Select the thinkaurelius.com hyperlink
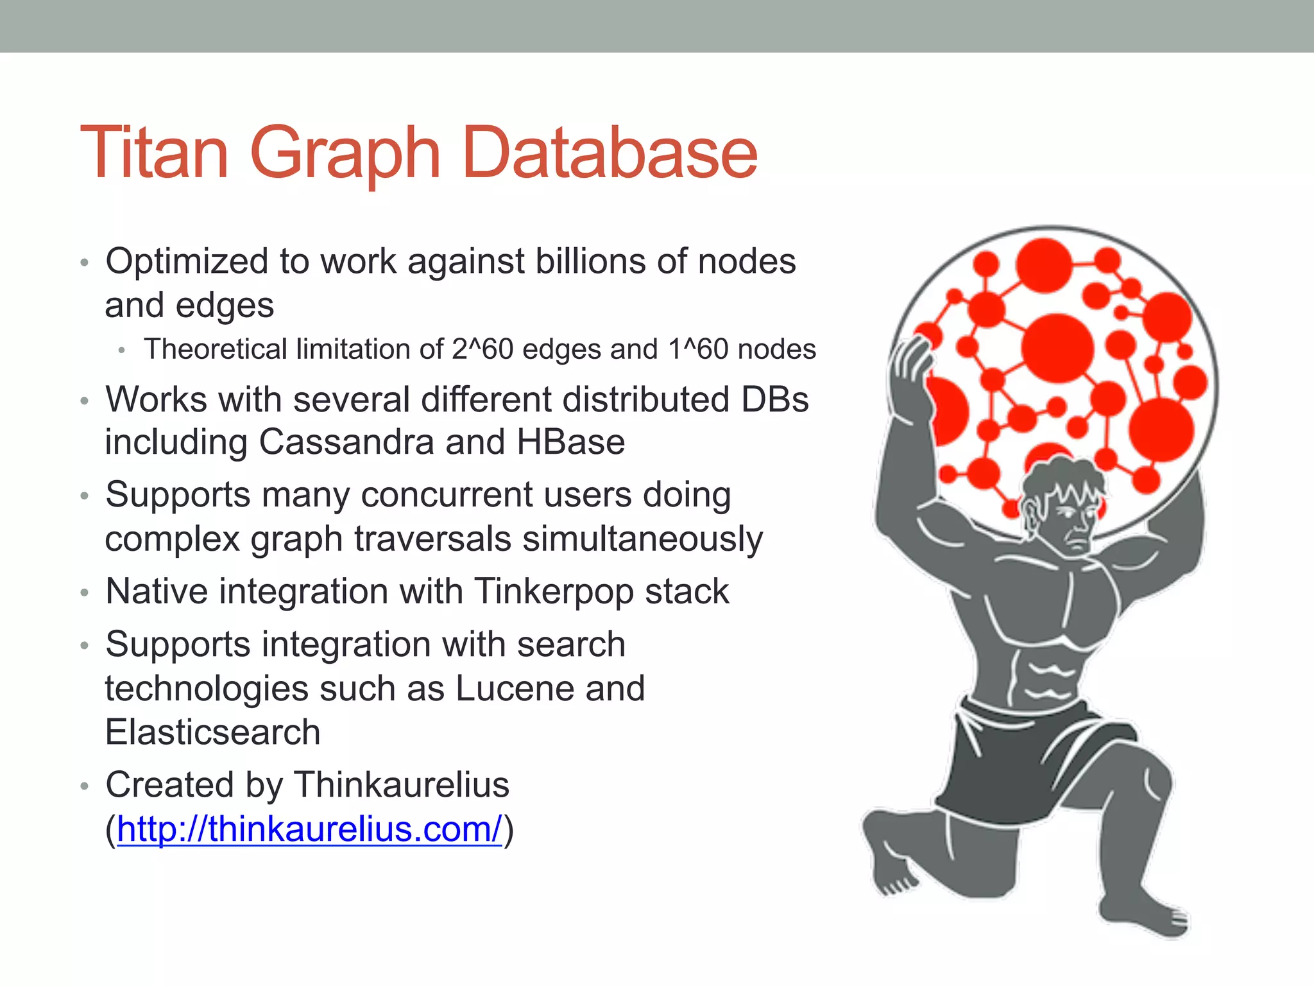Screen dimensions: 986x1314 309,829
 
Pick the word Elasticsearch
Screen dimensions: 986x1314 212,732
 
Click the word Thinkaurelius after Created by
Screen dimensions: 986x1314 402,785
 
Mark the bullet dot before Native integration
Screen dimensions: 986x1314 84,592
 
